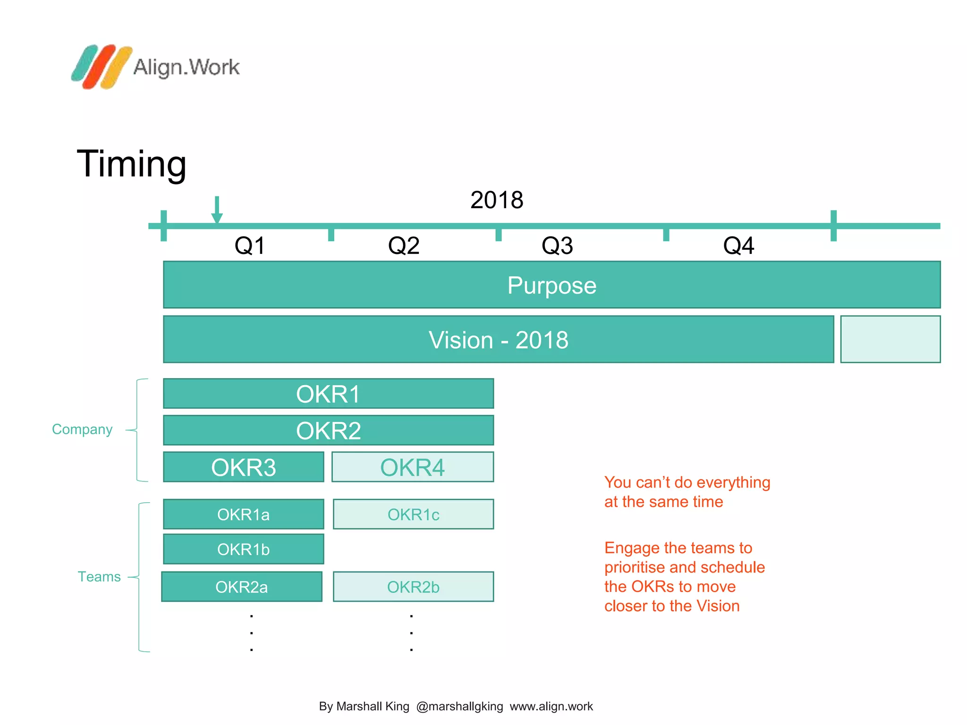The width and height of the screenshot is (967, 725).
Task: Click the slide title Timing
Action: coord(131,163)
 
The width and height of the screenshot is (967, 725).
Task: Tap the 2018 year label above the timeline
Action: coord(496,200)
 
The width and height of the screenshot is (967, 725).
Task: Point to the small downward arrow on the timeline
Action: coord(217,210)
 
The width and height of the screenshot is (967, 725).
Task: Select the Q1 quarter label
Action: coord(250,246)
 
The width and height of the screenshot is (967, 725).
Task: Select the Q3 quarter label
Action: coord(557,246)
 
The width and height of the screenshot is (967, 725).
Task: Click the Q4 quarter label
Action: coord(738,246)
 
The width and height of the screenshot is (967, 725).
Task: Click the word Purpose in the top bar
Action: coord(551,286)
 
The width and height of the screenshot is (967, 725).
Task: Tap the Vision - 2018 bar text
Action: coord(498,340)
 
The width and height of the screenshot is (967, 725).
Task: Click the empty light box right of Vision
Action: coord(890,339)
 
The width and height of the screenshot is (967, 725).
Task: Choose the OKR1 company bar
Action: coord(328,394)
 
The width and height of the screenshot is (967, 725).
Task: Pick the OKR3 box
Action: coord(244,467)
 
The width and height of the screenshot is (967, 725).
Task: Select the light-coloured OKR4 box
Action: coord(413,467)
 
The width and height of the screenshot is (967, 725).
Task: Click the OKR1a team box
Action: coord(244,514)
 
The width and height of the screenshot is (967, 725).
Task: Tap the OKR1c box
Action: coord(413,514)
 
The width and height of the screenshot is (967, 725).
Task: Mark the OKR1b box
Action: coord(244,549)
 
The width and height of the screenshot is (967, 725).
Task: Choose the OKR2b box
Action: coord(413,587)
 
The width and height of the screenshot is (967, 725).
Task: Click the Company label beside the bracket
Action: coord(82,430)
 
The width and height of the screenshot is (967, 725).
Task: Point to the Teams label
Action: coord(99,577)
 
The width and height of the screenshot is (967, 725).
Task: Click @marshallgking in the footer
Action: coord(459,707)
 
